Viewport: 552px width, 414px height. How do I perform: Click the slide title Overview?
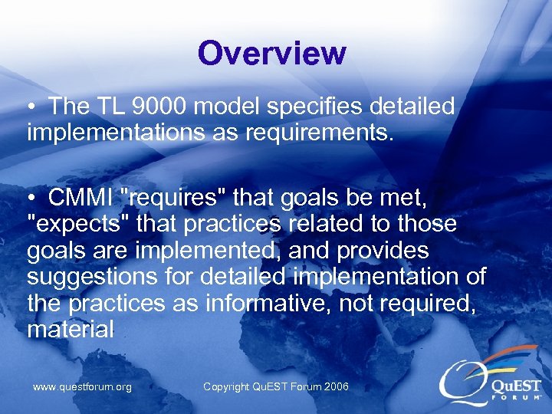click(x=271, y=54)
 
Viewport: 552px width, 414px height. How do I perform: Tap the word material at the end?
click(x=70, y=330)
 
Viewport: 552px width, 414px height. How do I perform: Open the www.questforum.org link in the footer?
click(x=82, y=387)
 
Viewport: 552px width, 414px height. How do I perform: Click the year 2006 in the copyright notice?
click(x=335, y=387)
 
